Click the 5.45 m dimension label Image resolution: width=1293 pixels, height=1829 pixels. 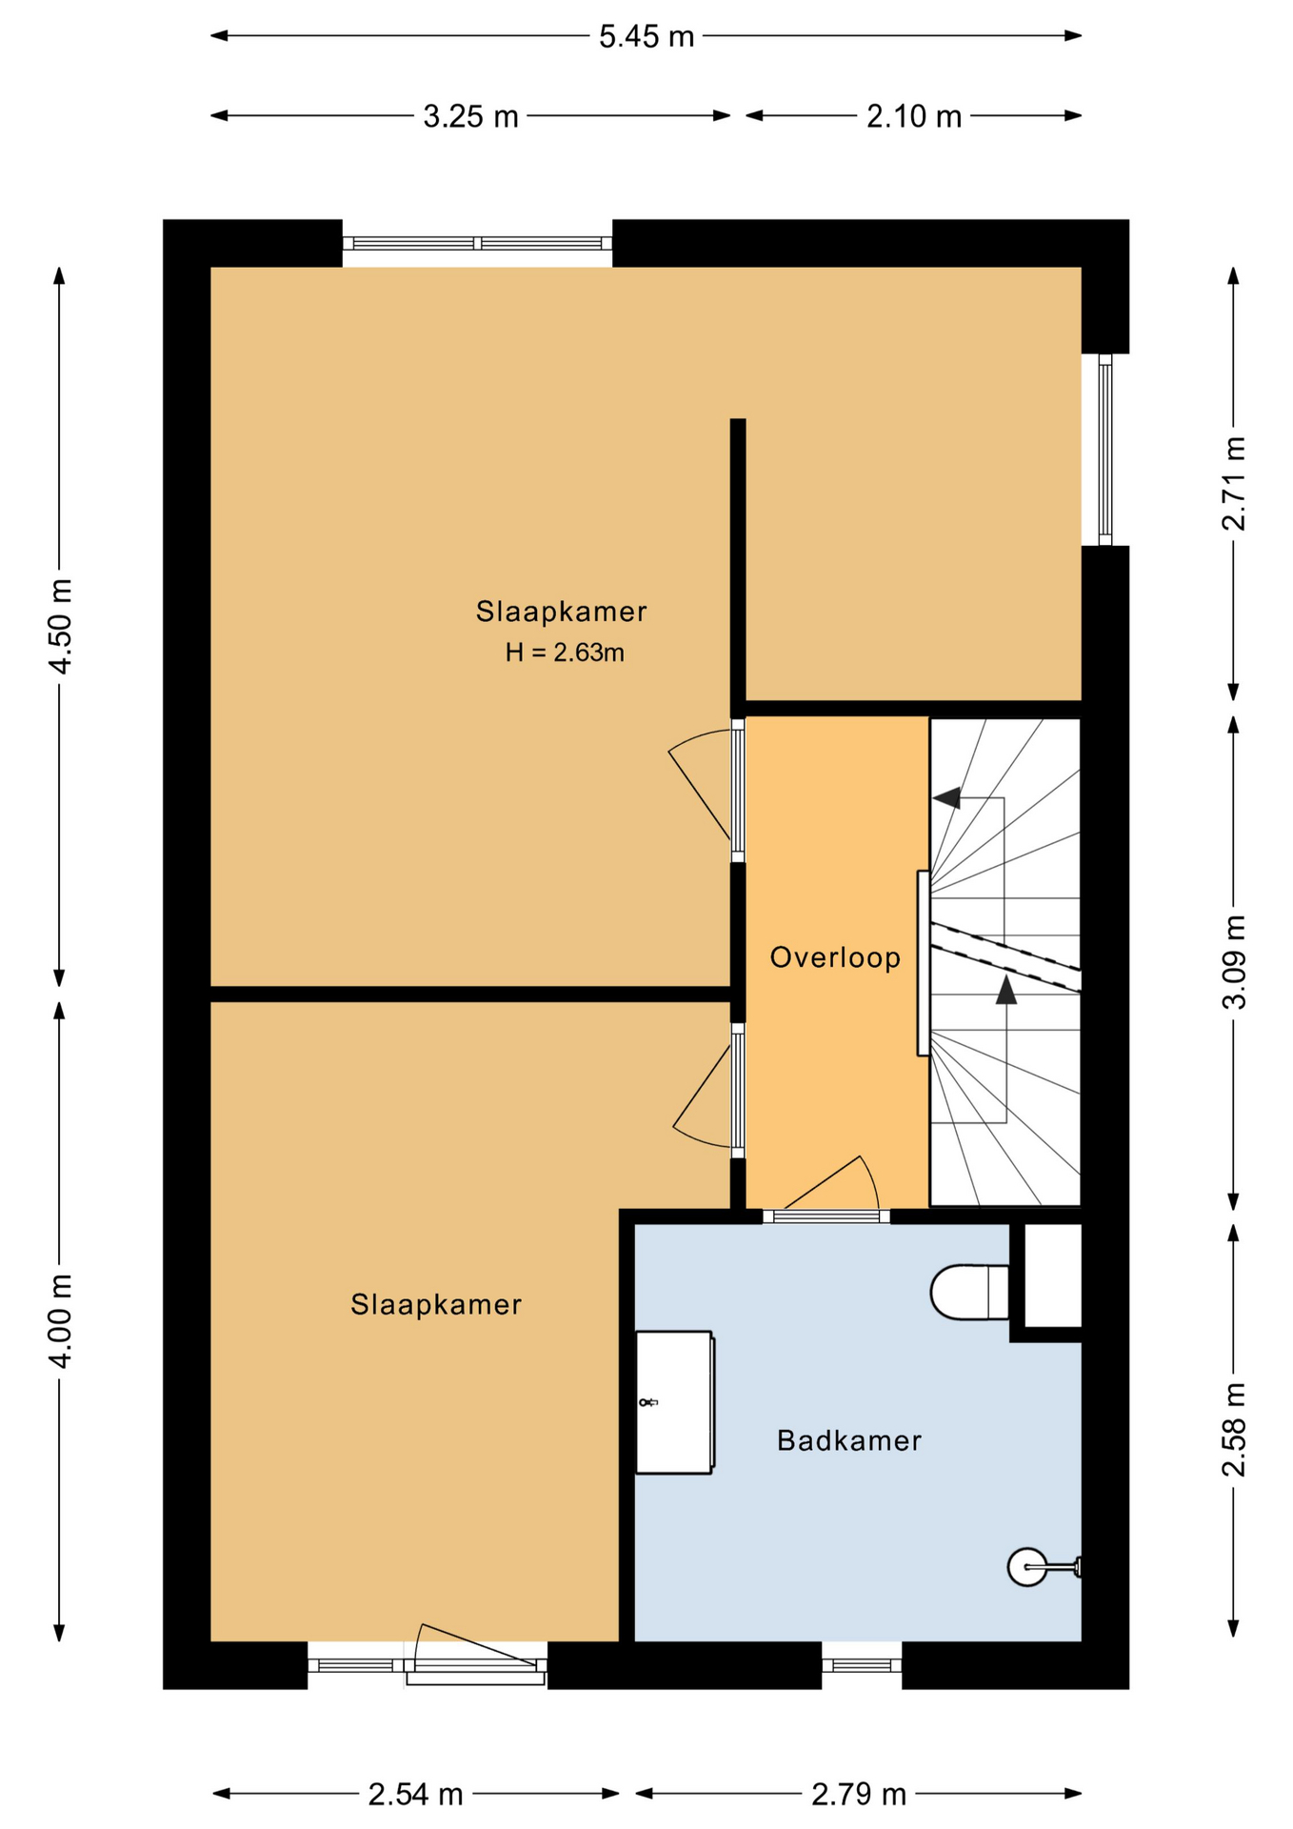646,37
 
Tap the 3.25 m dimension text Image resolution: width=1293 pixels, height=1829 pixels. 471,117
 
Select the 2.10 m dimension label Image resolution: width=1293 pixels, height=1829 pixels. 914,117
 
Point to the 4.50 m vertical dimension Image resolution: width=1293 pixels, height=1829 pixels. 60,626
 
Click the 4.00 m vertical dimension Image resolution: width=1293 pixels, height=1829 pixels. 60,1320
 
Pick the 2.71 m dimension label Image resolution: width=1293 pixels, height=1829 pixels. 1234,483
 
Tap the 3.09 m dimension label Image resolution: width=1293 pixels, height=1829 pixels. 1234,962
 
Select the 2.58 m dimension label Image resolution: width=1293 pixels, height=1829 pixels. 1234,1430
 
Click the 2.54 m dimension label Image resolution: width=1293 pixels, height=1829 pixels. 416,1795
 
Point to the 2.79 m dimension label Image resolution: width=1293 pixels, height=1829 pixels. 859,1795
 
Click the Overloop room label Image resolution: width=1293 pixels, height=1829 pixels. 835,957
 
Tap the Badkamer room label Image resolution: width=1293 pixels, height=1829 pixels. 849,1440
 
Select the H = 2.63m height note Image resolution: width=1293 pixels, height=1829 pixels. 565,653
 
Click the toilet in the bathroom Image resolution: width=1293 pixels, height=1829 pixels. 969,1293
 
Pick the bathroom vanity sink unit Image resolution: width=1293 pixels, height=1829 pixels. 675,1402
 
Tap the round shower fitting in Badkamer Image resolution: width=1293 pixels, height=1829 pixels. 1027,1567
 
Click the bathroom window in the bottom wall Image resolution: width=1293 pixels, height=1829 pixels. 862,1665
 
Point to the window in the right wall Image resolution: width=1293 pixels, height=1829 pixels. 1105,450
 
